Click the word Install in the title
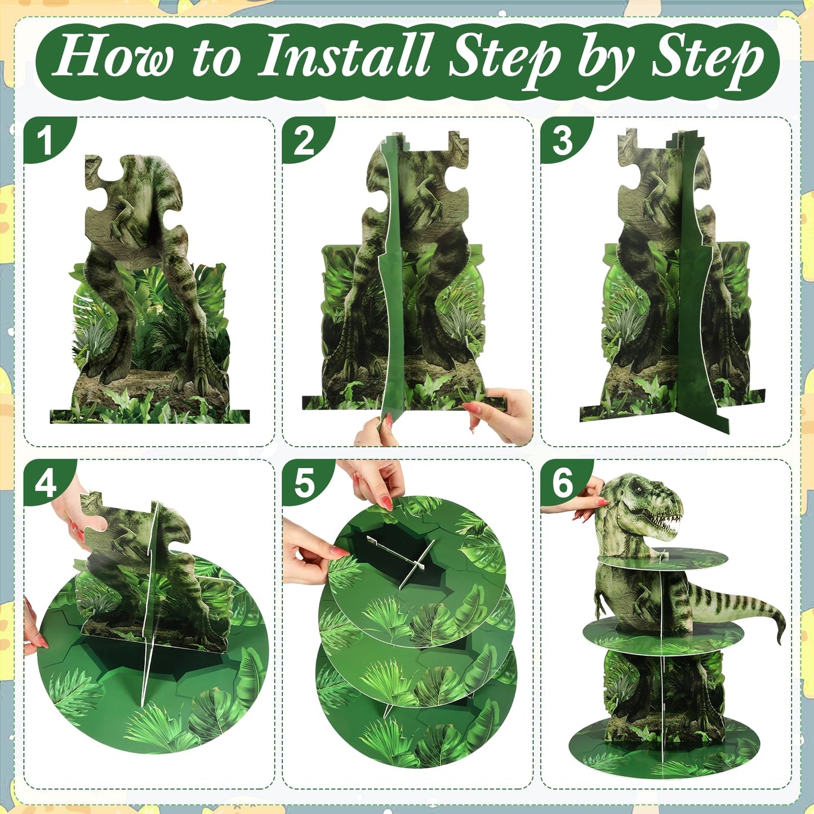point(345,56)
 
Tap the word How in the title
point(113,56)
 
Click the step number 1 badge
point(45,140)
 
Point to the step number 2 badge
point(304,140)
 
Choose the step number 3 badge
point(563,140)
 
